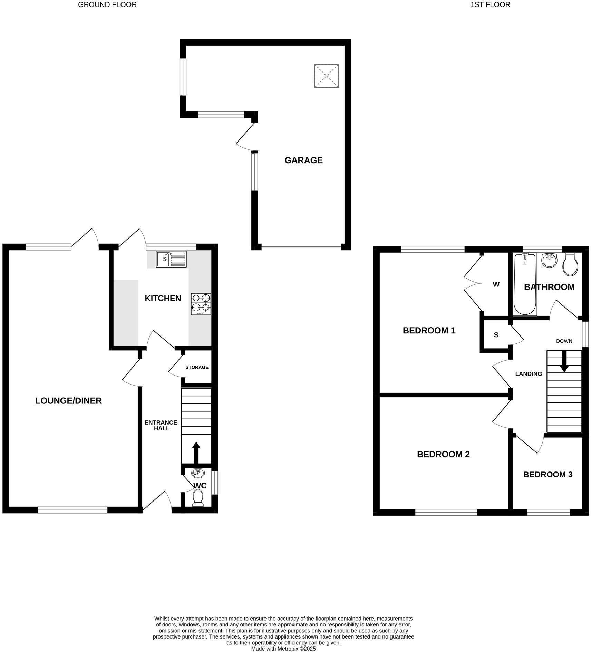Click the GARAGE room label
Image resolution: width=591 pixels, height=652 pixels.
[x=303, y=160]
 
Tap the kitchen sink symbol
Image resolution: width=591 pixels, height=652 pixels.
[x=171, y=259]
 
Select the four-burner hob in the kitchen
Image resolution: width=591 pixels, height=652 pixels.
[x=201, y=304]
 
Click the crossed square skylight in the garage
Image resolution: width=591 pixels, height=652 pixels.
[x=326, y=76]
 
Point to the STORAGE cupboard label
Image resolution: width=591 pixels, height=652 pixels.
[x=197, y=367]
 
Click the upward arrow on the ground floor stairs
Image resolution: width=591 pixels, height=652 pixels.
[x=196, y=452]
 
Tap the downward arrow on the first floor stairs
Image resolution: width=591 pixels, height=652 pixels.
[x=564, y=361]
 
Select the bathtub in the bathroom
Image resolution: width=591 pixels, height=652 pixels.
[x=525, y=284]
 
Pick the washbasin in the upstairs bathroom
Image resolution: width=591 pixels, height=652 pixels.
[x=549, y=261]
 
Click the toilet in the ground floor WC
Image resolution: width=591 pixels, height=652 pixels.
[x=198, y=498]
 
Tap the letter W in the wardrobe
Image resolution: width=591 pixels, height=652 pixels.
[x=496, y=284]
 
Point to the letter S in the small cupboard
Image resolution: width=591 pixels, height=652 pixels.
[x=496, y=335]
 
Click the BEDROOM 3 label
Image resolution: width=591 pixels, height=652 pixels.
[x=548, y=475]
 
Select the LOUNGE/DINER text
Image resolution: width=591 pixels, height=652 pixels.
[x=68, y=401]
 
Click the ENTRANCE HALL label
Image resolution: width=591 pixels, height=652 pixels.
[x=161, y=425]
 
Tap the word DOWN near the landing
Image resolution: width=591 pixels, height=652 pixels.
[x=564, y=341]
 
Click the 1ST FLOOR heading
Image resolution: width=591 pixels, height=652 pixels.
[x=490, y=5]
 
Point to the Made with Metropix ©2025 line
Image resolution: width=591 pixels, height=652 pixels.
[x=283, y=649]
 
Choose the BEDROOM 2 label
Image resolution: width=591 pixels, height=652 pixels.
[x=443, y=454]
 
